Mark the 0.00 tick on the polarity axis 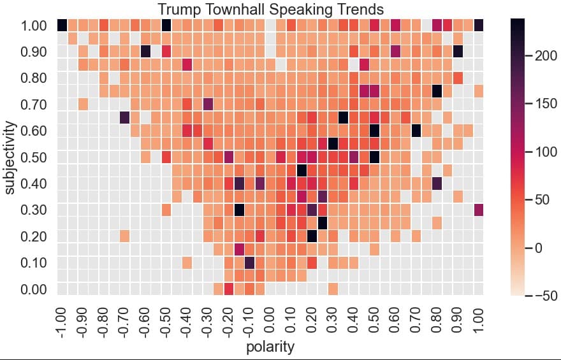pos(270,324)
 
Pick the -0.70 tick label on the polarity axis pos(124,324)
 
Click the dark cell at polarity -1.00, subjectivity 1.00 pos(62,25)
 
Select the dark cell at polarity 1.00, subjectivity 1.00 pos(479,25)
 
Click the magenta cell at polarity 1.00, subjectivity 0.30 pos(479,210)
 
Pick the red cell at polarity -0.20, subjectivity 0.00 pos(229,289)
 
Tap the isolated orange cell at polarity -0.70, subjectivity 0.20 pos(124,236)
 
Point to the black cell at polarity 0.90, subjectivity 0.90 pos(458,52)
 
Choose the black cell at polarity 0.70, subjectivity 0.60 pos(416,131)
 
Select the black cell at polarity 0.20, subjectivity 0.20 pos(312,236)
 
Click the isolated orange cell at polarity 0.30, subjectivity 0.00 pos(333,289)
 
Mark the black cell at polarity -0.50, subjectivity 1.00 pos(166,25)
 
